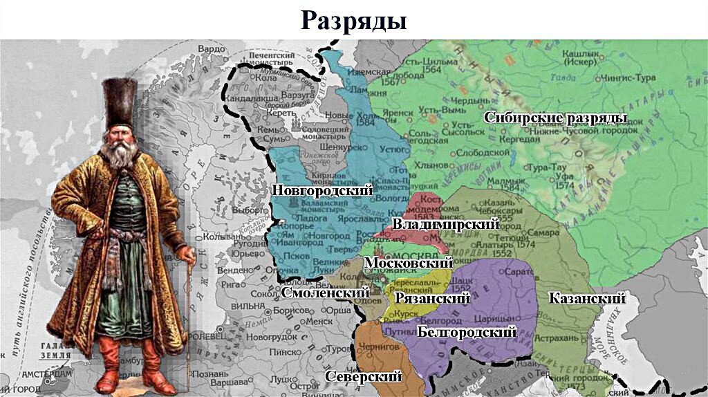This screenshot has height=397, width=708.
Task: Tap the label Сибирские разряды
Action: tap(555, 118)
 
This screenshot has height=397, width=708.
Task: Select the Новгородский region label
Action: tap(322, 190)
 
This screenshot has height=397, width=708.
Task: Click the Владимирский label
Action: tap(445, 223)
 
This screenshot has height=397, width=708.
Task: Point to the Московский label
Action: tap(408, 263)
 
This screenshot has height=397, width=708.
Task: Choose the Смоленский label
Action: tap(323, 293)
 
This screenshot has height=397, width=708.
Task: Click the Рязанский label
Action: tap(432, 298)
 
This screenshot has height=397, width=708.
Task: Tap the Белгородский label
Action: tap(467, 332)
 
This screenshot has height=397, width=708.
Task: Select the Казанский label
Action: tap(586, 298)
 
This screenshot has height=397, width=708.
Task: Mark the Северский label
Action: tap(363, 376)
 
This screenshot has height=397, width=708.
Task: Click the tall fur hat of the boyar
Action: tap(120, 104)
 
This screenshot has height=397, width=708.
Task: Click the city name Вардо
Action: tap(212, 49)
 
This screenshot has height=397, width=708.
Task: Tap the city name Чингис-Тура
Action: tap(626, 77)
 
